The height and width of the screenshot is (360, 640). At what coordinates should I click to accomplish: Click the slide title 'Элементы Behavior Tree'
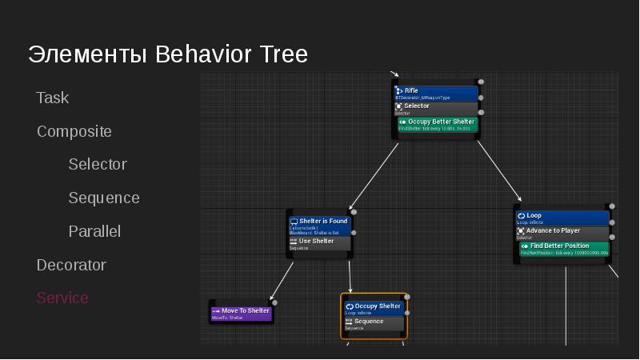click(x=167, y=54)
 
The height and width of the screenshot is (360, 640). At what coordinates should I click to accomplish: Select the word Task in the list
click(x=53, y=98)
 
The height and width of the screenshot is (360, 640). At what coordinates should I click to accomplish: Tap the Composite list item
click(x=74, y=131)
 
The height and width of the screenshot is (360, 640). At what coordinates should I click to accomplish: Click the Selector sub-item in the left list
click(x=98, y=164)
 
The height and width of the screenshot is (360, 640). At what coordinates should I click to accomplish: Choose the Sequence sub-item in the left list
click(x=104, y=198)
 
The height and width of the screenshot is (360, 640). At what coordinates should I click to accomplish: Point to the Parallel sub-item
click(x=94, y=231)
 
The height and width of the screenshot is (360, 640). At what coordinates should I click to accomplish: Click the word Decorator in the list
click(x=71, y=265)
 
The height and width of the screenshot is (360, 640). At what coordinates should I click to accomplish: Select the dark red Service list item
click(x=62, y=298)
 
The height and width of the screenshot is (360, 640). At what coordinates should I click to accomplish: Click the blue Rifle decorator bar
click(x=436, y=93)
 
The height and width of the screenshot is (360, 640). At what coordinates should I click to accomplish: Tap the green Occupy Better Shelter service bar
click(x=436, y=124)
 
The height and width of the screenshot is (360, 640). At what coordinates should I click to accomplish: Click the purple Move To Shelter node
click(x=241, y=313)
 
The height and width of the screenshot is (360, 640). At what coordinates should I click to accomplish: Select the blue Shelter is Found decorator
click(x=319, y=226)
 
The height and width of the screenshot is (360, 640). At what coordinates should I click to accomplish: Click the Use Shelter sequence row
click(x=319, y=243)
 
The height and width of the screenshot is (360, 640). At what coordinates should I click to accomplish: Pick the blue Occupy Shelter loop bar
click(x=374, y=308)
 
